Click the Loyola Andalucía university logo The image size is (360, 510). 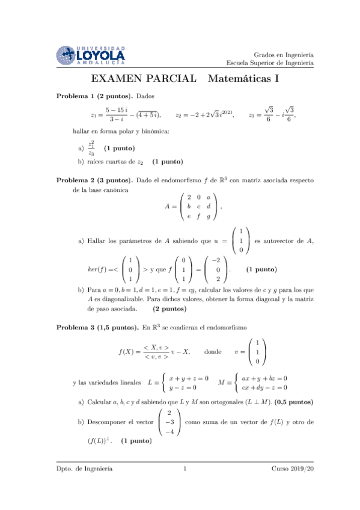pos(90,55)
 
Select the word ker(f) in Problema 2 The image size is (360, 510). pos(97,270)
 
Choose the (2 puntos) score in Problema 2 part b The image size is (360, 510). pos(169,309)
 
